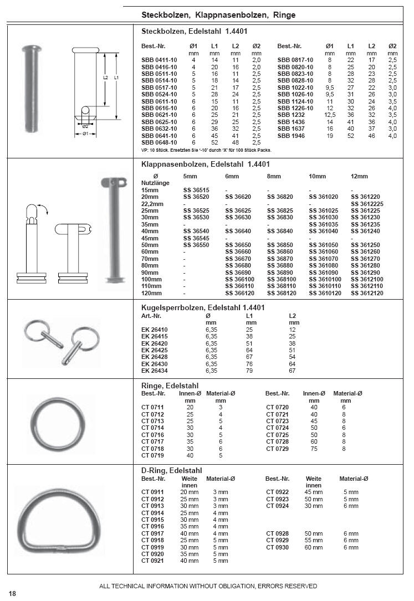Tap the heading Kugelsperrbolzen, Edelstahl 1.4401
click(203, 307)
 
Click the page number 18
click(12, 594)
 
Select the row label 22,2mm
click(153, 203)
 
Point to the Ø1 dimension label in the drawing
click(85, 133)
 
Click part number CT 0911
click(153, 492)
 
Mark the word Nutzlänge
click(155, 182)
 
